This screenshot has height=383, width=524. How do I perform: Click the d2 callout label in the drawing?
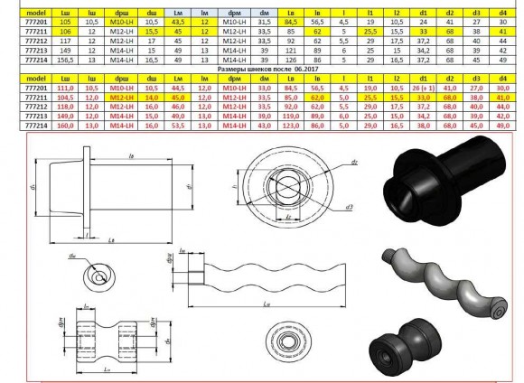point(330,161)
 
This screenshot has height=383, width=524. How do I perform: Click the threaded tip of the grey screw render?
point(395,256)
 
